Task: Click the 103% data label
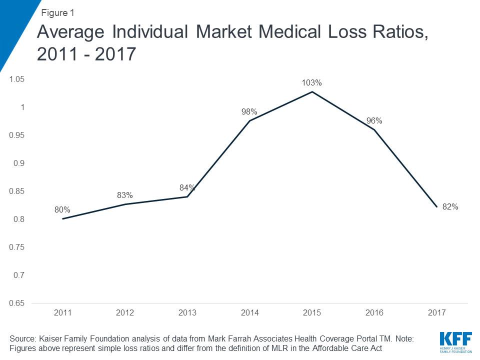[x=311, y=82]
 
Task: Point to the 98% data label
[x=249, y=111]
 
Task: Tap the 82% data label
[x=450, y=206]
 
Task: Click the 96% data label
[x=374, y=120]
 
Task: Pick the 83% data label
[x=124, y=195]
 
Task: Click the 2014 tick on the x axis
[x=249, y=312]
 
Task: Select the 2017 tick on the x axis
[x=437, y=312]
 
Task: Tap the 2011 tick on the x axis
[x=62, y=312]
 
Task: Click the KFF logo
[x=454, y=340]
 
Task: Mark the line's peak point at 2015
[x=312, y=91]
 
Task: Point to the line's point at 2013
[x=187, y=196]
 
